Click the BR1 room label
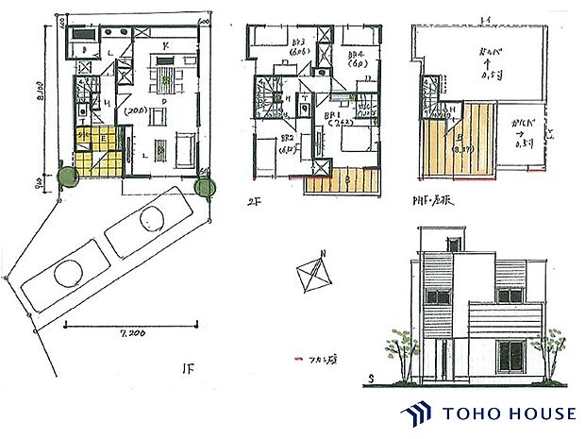coord(332,115)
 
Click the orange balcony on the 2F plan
coord(343,179)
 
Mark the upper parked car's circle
coord(150,221)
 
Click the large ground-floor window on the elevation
coord(510,357)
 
